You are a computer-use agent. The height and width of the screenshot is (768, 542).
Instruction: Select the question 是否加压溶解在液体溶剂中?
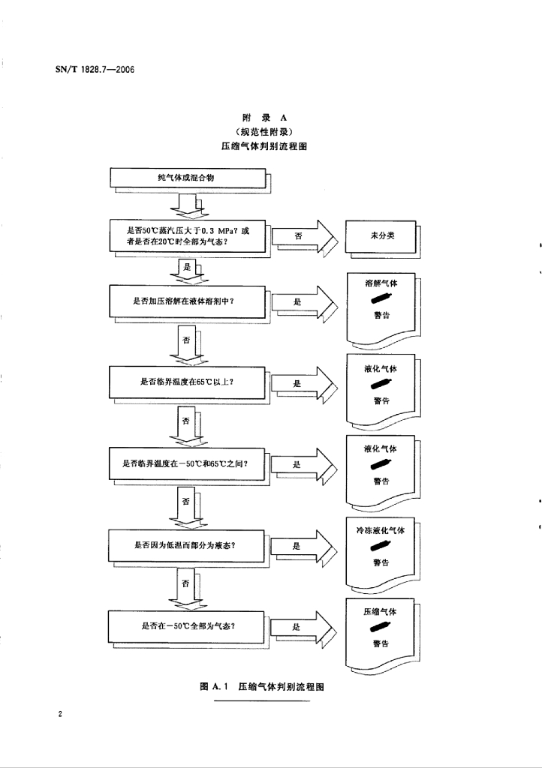(x=186, y=301)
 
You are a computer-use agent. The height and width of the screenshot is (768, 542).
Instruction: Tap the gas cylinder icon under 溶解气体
(x=381, y=300)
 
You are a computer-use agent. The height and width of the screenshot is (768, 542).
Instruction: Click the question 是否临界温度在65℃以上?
(x=186, y=382)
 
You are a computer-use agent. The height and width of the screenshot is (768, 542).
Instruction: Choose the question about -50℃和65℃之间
(x=186, y=463)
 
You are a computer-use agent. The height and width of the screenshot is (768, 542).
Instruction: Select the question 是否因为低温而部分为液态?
(x=186, y=545)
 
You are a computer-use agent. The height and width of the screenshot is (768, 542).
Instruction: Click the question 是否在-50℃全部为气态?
(x=186, y=626)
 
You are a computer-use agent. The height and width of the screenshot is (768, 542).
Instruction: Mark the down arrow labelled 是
(x=187, y=268)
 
